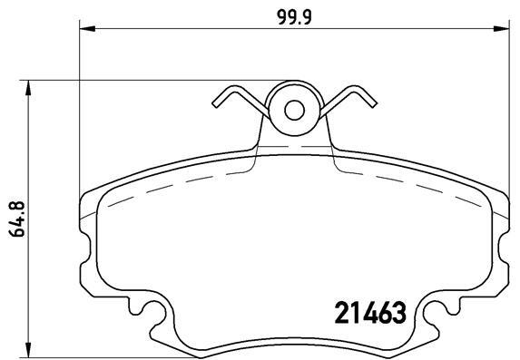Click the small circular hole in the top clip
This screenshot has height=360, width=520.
(x=294, y=110)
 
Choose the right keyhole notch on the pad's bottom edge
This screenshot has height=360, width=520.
(x=434, y=319)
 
